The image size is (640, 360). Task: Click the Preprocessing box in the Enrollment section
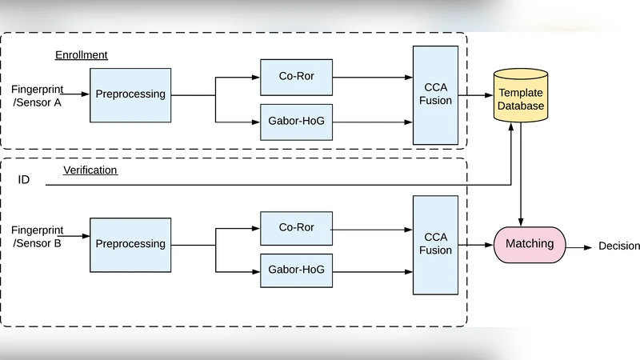point(130,94)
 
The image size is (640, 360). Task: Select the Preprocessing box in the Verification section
point(130,244)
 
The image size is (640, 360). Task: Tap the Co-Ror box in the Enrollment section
point(296,78)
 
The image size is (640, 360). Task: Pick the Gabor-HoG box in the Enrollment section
point(296,122)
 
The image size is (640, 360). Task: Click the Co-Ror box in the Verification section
point(296,228)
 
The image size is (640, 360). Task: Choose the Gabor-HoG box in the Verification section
point(296,270)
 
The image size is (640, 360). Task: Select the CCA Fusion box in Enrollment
point(435,94)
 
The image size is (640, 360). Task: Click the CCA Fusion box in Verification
point(435,244)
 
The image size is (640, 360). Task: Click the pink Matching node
point(530,244)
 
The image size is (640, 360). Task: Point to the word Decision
point(619,246)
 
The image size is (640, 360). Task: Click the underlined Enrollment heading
point(81,55)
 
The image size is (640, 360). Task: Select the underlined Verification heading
point(90,170)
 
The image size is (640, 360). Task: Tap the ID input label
point(24,180)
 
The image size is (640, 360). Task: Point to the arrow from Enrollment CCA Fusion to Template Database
point(476,95)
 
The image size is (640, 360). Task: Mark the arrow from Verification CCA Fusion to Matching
point(476,244)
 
